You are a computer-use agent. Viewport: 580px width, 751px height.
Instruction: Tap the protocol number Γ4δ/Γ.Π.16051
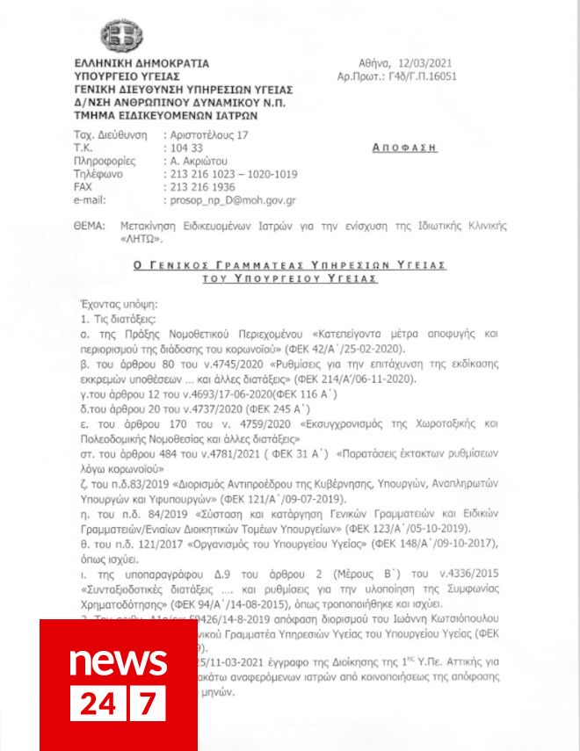pos(413,77)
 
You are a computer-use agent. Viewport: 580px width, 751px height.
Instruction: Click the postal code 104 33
pos(184,148)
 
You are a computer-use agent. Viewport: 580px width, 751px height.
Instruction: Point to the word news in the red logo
pos(118,660)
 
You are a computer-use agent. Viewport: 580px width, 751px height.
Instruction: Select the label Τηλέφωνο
pos(98,174)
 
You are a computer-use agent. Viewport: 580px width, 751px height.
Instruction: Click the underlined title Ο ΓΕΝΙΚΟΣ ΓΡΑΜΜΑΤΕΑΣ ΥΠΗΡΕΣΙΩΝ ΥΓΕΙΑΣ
pos(289,264)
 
